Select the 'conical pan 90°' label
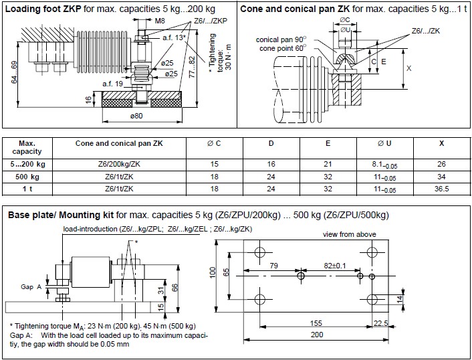[x=281, y=39]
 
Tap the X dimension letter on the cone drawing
[x=408, y=69]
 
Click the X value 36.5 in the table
[x=442, y=189]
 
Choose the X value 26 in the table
[x=442, y=165]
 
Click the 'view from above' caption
[x=348, y=234]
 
